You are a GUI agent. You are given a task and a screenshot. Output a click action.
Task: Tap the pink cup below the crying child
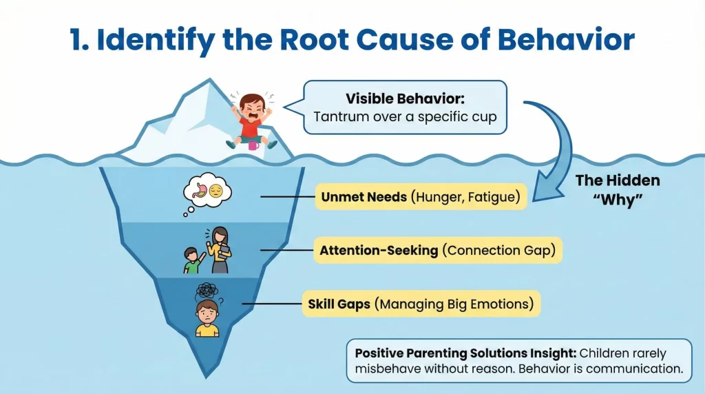coord(253,145)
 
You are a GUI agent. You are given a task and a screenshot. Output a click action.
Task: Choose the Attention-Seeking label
coord(379,251)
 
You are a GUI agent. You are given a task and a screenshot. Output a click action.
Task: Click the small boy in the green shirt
coord(193,261)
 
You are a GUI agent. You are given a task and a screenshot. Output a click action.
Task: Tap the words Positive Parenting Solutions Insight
coord(465,353)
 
